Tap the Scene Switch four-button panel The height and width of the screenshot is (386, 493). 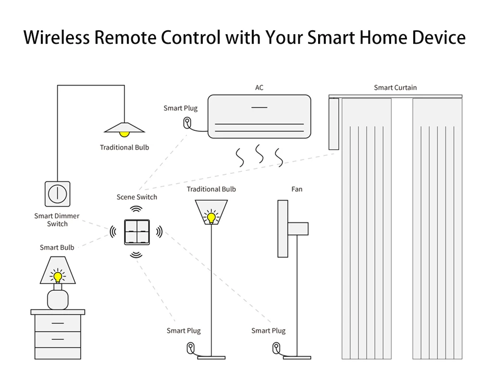(x=137, y=232)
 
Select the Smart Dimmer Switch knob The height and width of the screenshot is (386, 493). (x=57, y=193)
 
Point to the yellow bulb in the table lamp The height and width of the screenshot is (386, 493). (x=58, y=277)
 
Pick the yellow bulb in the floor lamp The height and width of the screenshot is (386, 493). (x=211, y=218)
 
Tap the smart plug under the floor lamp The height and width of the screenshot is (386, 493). (x=191, y=347)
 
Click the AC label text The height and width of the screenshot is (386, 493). (x=259, y=88)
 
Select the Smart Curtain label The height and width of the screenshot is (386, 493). (x=395, y=88)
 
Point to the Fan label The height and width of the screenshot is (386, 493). (x=297, y=189)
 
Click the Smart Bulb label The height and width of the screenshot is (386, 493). (x=57, y=247)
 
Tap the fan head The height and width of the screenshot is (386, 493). (x=283, y=229)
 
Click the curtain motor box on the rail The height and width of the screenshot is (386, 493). (x=333, y=124)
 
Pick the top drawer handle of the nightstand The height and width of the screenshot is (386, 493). (x=58, y=323)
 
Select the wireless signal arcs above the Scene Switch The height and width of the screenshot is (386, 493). (x=137, y=209)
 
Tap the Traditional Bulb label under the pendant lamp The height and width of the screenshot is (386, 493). (x=124, y=147)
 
